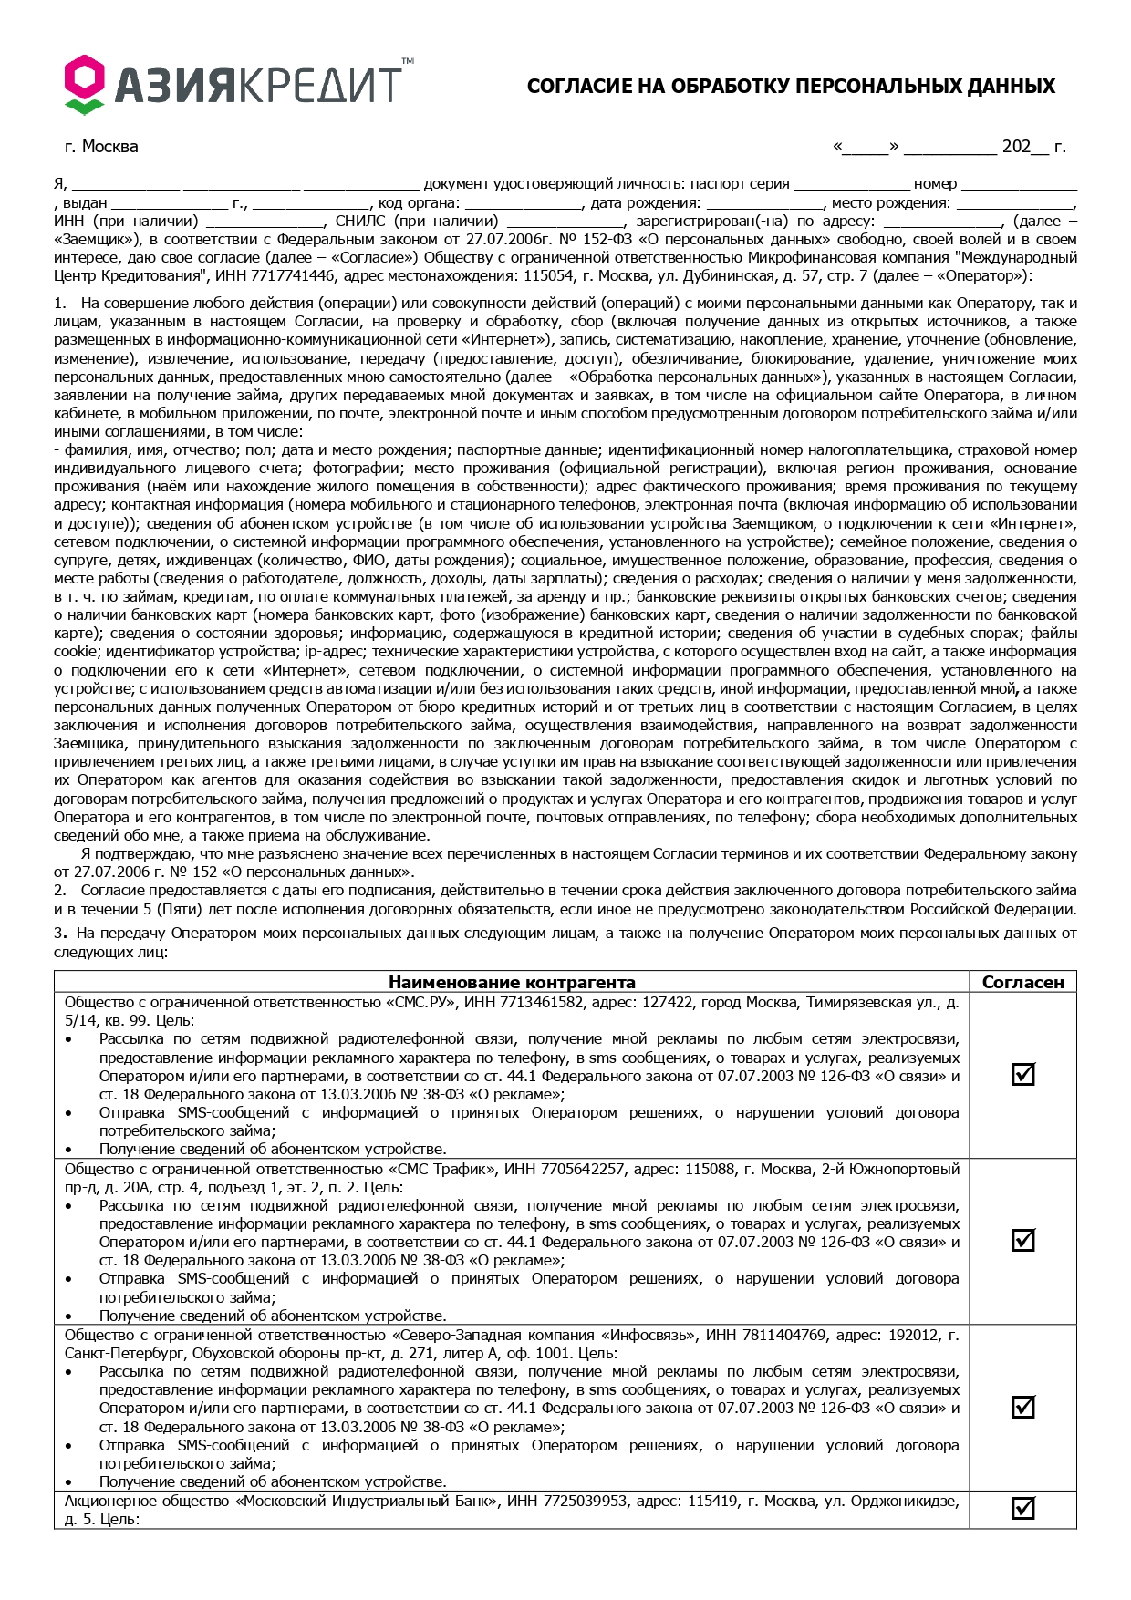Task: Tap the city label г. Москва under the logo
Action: [101, 147]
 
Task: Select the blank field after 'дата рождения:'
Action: [764, 203]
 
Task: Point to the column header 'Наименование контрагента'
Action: [512, 982]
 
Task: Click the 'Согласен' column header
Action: [1022, 982]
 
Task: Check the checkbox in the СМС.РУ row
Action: [1023, 1074]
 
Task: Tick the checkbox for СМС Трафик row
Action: [1023, 1240]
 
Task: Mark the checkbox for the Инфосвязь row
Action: [1023, 1407]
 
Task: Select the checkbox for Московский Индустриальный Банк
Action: [1023, 1508]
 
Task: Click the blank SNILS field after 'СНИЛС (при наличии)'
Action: [565, 222]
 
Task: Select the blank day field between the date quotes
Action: [866, 147]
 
